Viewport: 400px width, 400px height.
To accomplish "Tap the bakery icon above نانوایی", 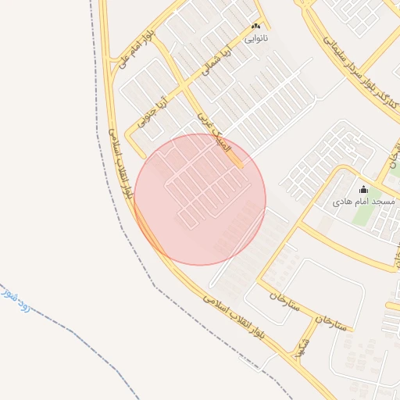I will point(255,27).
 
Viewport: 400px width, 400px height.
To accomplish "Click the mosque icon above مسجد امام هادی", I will point(362,189).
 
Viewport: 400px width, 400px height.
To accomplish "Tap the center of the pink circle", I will point(200,199).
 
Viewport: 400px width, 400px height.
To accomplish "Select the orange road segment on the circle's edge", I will point(235,159).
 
